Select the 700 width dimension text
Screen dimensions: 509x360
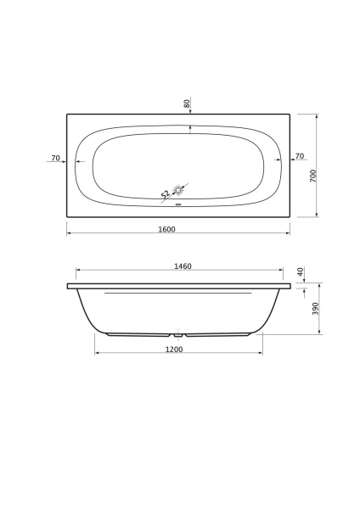pos(313,176)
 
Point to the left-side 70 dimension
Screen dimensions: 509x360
pos(55,158)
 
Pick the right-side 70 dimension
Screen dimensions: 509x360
pos(300,158)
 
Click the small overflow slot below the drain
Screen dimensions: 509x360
pos(178,204)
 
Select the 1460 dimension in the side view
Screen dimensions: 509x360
pos(183,266)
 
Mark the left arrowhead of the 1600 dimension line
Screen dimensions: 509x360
pos(69,234)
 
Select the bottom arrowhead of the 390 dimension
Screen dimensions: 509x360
pos(318,333)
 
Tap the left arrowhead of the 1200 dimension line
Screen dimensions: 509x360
pos(96,353)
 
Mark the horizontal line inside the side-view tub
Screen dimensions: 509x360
pos(178,294)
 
